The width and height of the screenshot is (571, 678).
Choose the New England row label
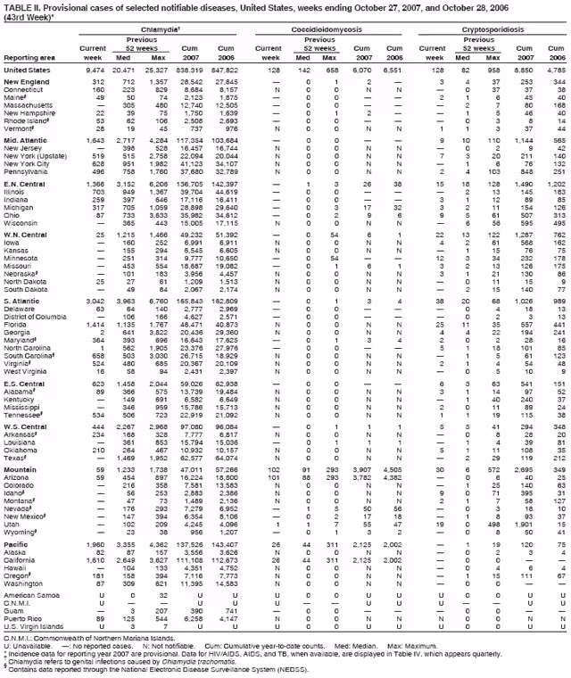pos(26,82)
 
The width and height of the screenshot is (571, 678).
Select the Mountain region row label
pos(21,468)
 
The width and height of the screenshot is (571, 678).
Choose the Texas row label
pos(15,457)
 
